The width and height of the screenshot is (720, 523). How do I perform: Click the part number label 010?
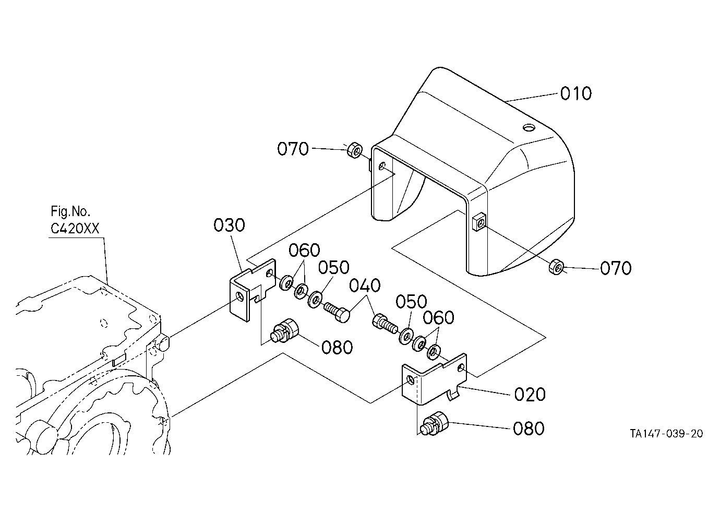coord(575,93)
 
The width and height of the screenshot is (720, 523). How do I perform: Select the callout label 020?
coord(530,395)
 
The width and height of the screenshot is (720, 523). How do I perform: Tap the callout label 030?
coord(229,225)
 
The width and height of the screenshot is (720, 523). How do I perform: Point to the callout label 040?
coord(365,286)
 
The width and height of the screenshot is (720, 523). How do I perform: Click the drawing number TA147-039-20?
coord(666,434)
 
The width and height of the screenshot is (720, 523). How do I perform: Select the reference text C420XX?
coord(75,229)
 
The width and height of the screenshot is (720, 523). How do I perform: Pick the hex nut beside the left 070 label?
coord(354,150)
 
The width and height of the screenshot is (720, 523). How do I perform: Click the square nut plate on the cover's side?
coord(479,222)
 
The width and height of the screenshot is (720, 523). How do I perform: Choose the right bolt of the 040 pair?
coord(385,324)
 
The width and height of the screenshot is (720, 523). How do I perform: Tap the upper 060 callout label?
coord(304,250)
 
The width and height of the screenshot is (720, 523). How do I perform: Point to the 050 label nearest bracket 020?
coord(411,302)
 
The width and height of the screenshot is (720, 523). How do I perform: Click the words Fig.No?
coord(70,211)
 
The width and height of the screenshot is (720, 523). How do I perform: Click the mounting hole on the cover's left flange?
coord(382,167)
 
